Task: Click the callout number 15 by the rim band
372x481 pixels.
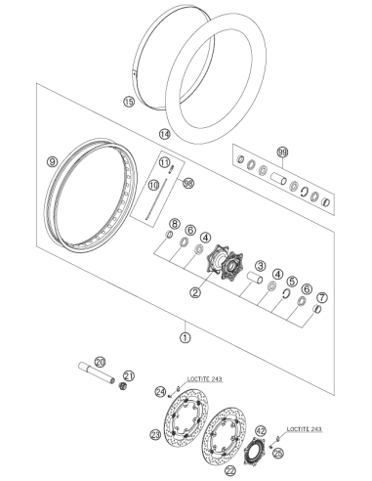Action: (x=129, y=102)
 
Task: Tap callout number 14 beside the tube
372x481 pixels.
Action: (x=165, y=134)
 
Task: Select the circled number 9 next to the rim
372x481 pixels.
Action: (x=52, y=161)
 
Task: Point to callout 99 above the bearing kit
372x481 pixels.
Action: (x=282, y=152)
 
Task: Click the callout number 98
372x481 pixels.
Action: (x=188, y=183)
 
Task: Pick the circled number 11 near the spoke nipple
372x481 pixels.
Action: (x=165, y=162)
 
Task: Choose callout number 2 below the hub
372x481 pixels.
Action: (x=195, y=292)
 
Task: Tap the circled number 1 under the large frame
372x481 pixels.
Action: (x=186, y=337)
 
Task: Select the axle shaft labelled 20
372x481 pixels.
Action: (x=97, y=372)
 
